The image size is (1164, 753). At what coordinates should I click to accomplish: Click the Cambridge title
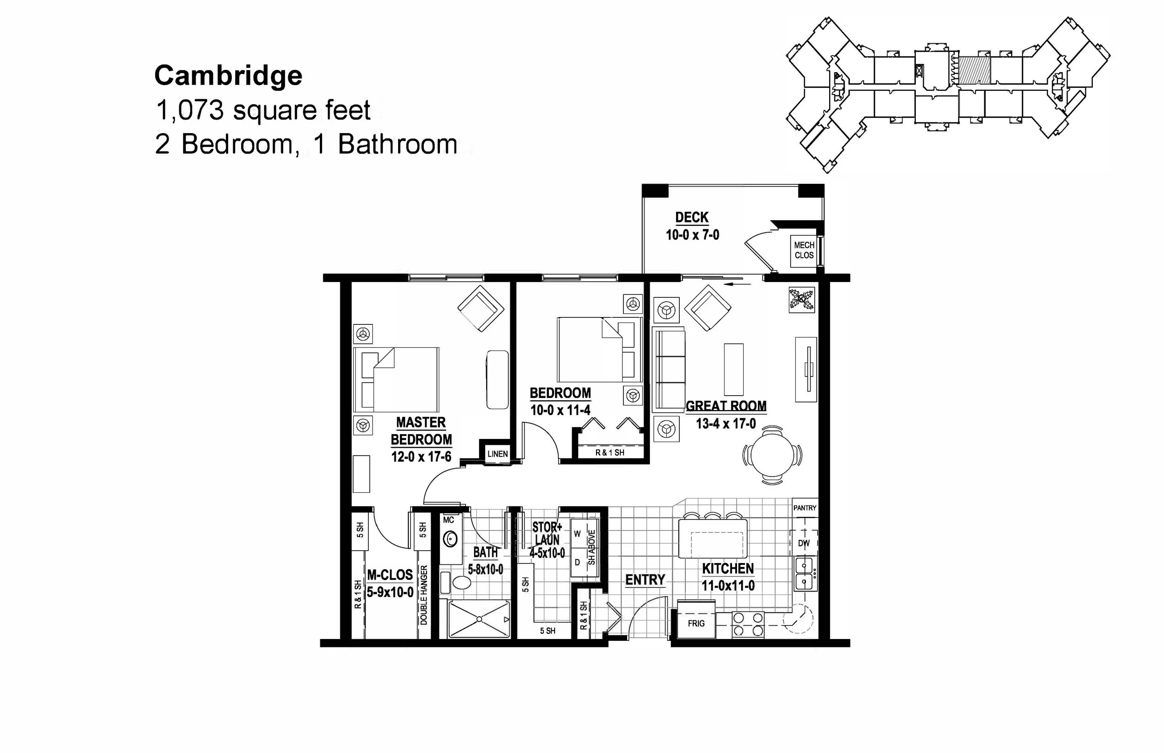coord(229,76)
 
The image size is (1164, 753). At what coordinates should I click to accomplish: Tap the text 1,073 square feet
coord(263,110)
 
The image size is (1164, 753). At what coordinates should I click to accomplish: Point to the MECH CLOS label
coord(804,250)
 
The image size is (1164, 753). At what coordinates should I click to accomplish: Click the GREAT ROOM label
coord(726,406)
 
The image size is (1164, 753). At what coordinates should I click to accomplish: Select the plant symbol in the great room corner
coord(802,300)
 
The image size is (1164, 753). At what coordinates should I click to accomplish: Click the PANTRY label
coord(805,508)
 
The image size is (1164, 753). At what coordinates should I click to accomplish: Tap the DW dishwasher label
coord(804,543)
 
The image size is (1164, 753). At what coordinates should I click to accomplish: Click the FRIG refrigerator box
coord(696,624)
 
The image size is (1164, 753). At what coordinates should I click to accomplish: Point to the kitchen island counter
coord(712,538)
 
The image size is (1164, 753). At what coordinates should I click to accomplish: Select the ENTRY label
coord(645,580)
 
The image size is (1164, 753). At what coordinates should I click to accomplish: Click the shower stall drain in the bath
coord(479,619)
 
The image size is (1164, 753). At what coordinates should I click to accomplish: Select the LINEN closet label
coord(497,454)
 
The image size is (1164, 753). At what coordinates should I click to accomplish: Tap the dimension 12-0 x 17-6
coord(420,457)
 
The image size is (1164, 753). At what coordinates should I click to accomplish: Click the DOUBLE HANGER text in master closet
coord(424,595)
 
